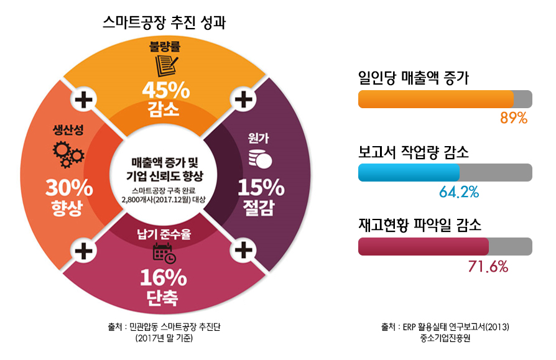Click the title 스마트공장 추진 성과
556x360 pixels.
pyautogui.click(x=164, y=22)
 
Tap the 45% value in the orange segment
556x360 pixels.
pyautogui.click(x=166, y=90)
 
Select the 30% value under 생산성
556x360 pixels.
pyautogui.click(x=69, y=188)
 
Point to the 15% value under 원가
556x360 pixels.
pyautogui.click(x=261, y=187)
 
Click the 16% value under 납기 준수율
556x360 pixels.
pyautogui.click(x=164, y=277)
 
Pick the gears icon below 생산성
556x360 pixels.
pyautogui.click(x=68, y=154)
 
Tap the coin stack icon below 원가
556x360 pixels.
pyautogui.click(x=260, y=159)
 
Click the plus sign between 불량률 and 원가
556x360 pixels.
pyautogui.click(x=243, y=99)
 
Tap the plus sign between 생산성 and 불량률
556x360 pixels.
pyautogui.click(x=84, y=99)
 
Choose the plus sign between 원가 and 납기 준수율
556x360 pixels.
pyautogui.click(x=243, y=251)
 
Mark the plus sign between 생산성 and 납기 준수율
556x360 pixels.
pyautogui.click(x=84, y=251)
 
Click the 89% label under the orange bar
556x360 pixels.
pyautogui.click(x=514, y=118)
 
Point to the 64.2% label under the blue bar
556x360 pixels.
pyautogui.click(x=459, y=192)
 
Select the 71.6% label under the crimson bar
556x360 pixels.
pyautogui.click(x=488, y=267)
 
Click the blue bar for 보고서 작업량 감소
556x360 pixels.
pyautogui.click(x=409, y=173)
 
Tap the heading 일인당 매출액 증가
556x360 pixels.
pyautogui.click(x=414, y=78)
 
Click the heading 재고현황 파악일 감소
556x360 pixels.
pyautogui.click(x=420, y=224)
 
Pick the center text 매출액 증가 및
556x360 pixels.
pyautogui.click(x=165, y=163)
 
